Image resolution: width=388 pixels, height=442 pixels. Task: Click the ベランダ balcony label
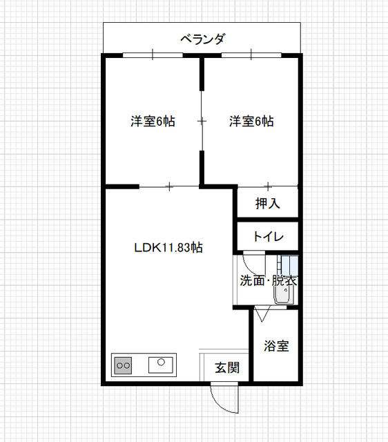[202, 39]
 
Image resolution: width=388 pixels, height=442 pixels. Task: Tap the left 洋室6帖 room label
[153, 122]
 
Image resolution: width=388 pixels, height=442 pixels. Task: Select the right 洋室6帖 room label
[251, 122]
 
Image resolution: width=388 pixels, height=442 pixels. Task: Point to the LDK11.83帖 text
[168, 247]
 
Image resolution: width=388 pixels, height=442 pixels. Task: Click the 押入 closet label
[267, 204]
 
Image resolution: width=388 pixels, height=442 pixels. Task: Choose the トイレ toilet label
[267, 236]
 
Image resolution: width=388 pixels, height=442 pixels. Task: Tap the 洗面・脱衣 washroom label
[268, 281]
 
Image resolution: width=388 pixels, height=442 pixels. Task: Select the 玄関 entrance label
[226, 368]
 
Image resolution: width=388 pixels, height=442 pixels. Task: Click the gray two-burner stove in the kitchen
[124, 364]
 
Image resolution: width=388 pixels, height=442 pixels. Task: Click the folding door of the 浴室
[263, 314]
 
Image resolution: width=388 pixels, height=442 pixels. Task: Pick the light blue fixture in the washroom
[290, 265]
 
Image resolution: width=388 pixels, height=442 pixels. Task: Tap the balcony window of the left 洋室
[153, 55]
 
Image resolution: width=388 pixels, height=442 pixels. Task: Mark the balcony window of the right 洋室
[251, 55]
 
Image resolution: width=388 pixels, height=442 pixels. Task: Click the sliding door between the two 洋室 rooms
[202, 122]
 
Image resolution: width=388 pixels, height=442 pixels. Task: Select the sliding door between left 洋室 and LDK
[169, 186]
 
